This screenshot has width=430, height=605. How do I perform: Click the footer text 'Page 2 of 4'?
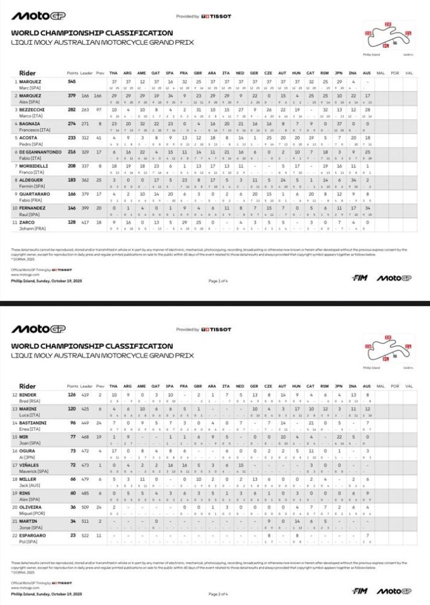coord(218,594)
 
